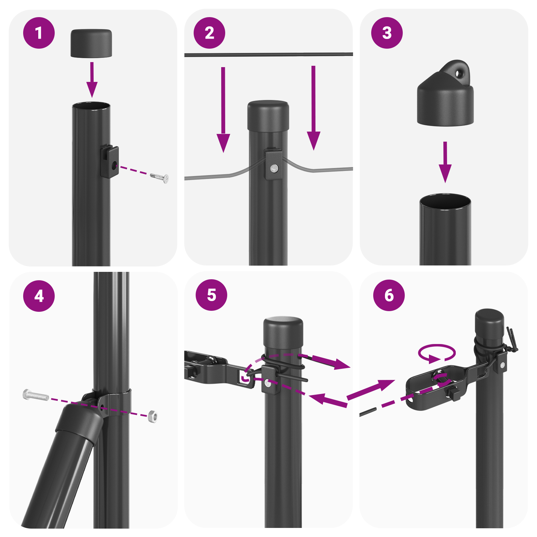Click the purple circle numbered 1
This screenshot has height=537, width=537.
39,33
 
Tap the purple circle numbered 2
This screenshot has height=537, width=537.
209,33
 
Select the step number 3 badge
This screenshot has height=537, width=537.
387,33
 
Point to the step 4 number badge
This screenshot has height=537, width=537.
39,296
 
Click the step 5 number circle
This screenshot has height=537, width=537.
211,295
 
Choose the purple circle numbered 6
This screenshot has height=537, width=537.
389,295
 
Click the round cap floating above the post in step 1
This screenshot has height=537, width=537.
91,43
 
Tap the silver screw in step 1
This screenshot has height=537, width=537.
159,177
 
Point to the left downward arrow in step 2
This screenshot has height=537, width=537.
223,111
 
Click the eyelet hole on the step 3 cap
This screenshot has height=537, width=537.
459,73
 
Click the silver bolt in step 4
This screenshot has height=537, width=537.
36,395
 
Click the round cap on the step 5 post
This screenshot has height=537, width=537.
283,334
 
